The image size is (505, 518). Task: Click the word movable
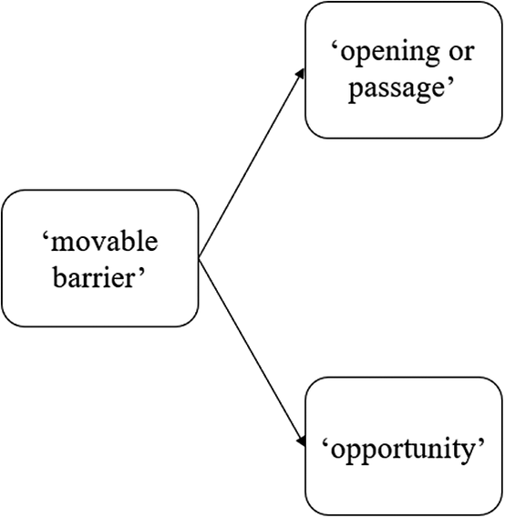point(104,242)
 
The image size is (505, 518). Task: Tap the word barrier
point(94,277)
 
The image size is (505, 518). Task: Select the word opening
point(390,54)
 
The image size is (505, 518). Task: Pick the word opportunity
point(403,451)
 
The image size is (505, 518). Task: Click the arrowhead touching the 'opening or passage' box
point(300,74)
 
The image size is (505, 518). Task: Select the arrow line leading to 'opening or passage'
point(252,163)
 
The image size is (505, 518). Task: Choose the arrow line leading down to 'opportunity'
point(252,353)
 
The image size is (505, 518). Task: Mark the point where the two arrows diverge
point(199,258)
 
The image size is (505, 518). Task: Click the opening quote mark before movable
point(46,236)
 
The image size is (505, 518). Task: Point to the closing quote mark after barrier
point(141,271)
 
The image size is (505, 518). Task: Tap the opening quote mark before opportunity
point(325,442)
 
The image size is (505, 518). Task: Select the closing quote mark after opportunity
point(480,442)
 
